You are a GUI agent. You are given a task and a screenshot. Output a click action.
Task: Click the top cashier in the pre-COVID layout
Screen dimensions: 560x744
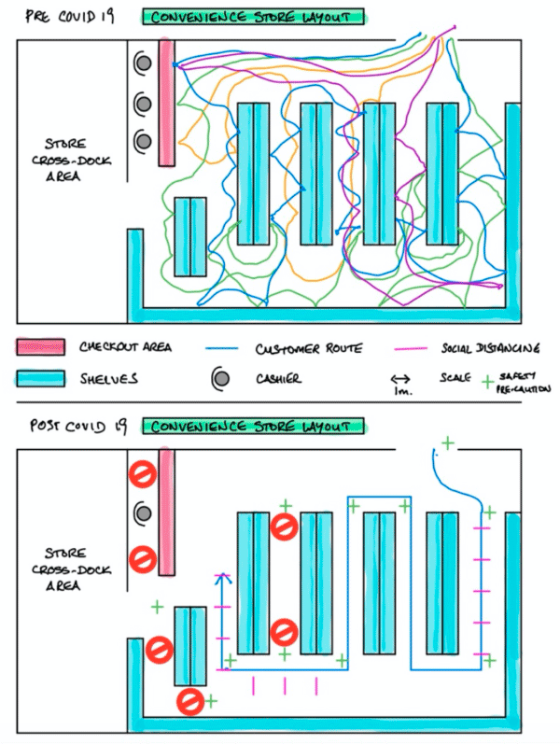[x=144, y=63]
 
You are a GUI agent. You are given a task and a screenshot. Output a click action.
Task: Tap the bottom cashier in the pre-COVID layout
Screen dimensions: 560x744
[x=144, y=141]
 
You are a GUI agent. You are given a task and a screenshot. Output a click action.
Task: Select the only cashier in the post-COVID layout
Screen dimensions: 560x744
[x=144, y=512]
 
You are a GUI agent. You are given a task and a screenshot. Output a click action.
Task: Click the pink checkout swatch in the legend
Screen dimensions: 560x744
[x=41, y=347]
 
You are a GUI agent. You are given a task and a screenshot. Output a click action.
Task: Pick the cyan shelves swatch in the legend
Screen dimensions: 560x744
[x=41, y=379]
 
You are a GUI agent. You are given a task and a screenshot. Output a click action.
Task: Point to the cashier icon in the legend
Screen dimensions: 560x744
[x=221, y=379]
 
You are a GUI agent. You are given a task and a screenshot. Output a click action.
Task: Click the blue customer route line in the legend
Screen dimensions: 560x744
[x=221, y=349]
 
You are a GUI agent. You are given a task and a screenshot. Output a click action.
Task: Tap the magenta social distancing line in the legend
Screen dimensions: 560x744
[x=410, y=349]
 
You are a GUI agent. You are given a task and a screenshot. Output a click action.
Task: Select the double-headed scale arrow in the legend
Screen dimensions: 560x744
[x=401, y=379]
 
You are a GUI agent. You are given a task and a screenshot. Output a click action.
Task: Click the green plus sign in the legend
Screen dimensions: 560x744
[x=487, y=382]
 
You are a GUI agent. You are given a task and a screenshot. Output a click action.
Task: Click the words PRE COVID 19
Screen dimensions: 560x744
[x=70, y=17]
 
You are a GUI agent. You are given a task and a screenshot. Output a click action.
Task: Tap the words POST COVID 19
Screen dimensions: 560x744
[x=78, y=426]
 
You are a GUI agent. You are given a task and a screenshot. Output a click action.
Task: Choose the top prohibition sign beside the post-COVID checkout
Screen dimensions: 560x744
[x=143, y=473]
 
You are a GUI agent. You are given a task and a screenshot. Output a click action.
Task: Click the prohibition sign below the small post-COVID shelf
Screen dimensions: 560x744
[x=190, y=701]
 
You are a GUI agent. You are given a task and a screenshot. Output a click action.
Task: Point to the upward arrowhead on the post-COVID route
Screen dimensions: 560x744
[x=222, y=578]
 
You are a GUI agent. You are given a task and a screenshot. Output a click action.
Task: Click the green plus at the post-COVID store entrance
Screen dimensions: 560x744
[x=447, y=443]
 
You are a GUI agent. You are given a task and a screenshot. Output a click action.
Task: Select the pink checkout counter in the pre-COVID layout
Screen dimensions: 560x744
[x=166, y=103]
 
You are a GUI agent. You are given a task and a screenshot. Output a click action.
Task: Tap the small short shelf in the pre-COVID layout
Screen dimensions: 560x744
[x=190, y=237]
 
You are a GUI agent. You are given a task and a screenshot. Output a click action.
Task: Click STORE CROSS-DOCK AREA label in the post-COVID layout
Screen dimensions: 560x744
[x=71, y=569]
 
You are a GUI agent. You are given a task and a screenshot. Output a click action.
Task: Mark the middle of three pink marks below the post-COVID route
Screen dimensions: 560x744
[x=285, y=686]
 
